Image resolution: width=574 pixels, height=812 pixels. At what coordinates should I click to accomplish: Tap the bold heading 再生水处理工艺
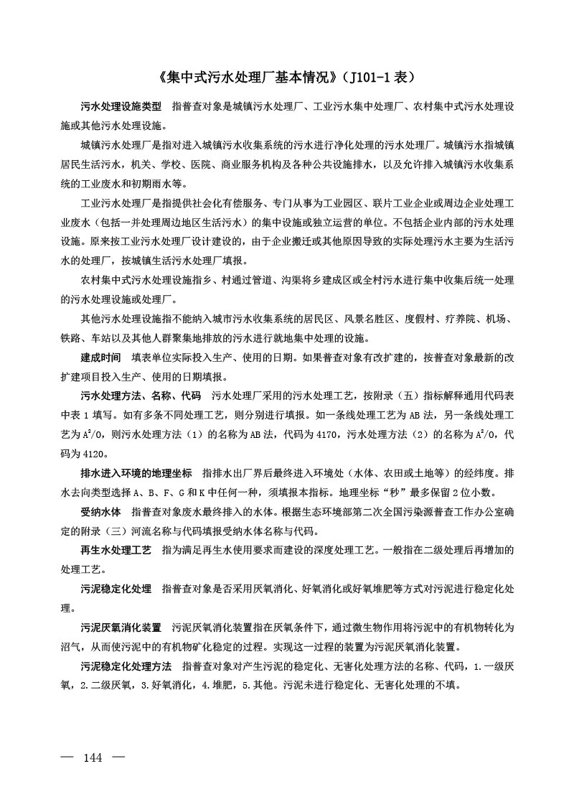click(x=116, y=551)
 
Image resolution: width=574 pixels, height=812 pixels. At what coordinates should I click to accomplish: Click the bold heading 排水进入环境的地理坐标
click(x=136, y=475)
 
